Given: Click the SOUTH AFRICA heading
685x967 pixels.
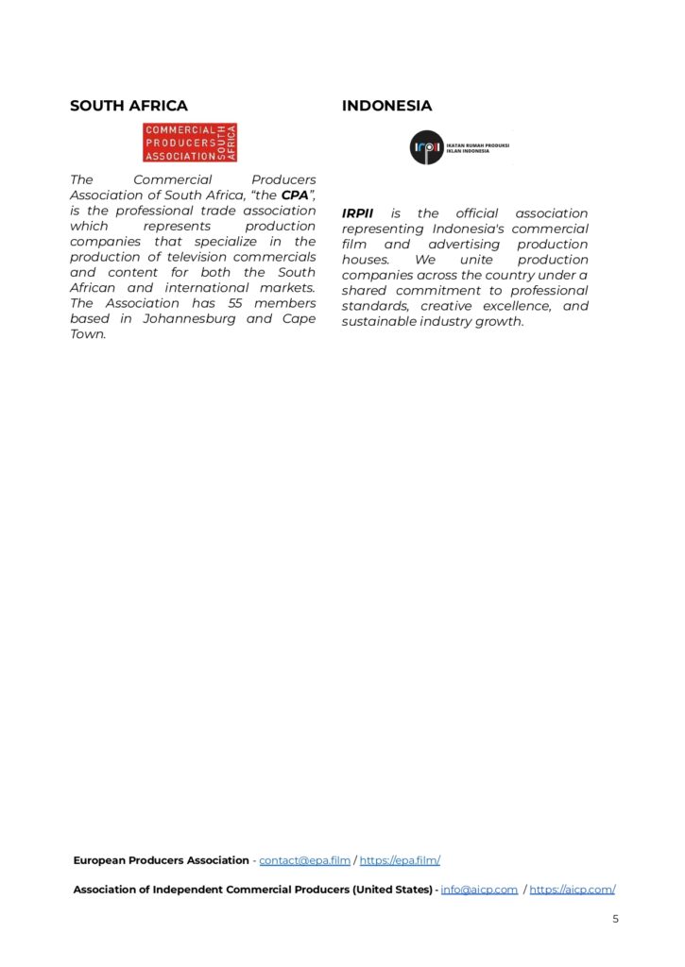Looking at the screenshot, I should point(128,106).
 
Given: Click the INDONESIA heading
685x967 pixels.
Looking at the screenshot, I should point(386,106).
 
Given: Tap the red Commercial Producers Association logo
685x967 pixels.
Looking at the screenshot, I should point(190,143).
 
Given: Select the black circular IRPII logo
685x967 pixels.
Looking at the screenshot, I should point(426,147).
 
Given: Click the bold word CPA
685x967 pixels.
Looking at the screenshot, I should point(296,195).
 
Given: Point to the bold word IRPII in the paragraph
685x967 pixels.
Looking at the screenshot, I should point(358,213).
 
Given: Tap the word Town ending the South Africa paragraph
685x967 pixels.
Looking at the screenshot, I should point(87,334).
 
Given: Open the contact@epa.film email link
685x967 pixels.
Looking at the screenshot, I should point(304,860).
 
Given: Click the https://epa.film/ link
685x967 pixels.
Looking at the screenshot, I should point(400,860).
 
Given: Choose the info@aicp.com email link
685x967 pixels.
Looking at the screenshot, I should point(479,890).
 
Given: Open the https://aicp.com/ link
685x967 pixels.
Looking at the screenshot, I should point(573,890).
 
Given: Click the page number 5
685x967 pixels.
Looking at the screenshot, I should point(615,918).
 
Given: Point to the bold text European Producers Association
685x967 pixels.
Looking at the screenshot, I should point(162,860).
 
